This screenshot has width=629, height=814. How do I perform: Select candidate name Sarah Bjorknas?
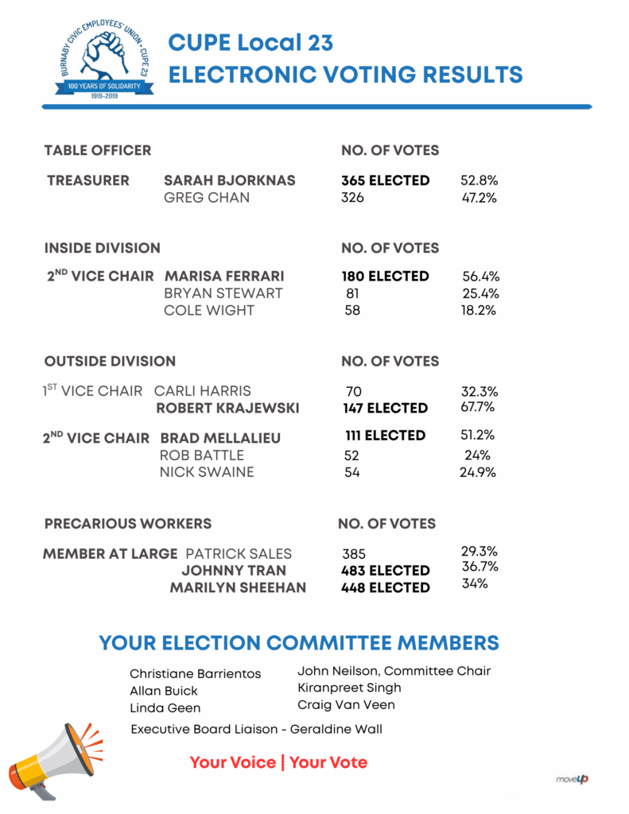229,180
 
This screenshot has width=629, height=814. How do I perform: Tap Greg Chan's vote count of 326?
352,198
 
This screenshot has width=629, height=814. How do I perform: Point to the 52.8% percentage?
479,180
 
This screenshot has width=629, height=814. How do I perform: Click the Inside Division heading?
102,248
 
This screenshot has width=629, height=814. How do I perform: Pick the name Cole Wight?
208,310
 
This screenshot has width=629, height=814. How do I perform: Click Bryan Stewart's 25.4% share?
480,293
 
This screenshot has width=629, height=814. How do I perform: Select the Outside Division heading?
110,361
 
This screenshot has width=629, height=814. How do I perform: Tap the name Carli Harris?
202,391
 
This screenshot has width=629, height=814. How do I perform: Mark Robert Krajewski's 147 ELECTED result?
384,408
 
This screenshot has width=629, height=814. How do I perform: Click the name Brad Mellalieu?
220,438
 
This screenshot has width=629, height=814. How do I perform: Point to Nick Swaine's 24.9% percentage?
479,472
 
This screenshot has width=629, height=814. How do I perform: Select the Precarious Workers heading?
127,524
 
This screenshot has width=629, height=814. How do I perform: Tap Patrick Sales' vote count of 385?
354,554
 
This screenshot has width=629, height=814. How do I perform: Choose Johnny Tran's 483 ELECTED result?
385,571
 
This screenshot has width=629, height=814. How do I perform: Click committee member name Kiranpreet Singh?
349,688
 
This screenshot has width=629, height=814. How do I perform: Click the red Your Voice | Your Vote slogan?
278,763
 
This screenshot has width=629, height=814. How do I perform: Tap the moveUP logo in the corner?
572,779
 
